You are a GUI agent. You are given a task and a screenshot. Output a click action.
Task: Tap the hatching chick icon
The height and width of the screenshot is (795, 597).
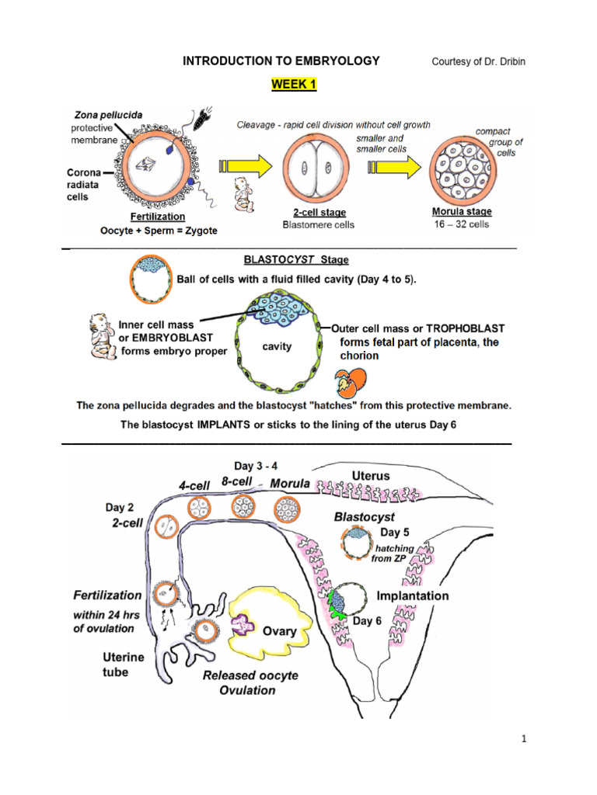coord(347,381)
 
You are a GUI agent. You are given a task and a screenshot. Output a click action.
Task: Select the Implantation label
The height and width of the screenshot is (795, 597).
coord(412,596)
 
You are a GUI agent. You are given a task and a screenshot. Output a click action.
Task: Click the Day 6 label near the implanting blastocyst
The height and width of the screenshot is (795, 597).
coord(369,622)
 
